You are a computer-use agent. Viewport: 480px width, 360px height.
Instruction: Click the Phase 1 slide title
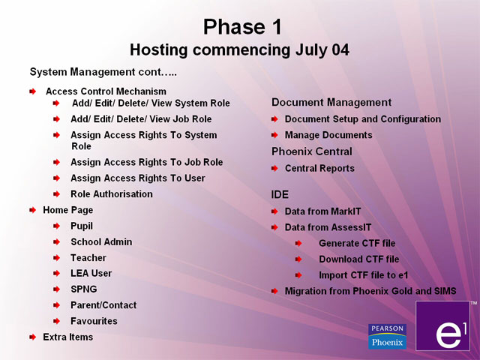(242, 27)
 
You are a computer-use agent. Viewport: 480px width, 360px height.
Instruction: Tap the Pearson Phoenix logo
(387, 337)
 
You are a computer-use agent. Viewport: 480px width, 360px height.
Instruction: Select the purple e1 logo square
(442, 325)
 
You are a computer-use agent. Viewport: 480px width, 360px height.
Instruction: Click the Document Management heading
(331, 102)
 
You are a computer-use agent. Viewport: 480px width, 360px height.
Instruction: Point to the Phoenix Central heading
(312, 151)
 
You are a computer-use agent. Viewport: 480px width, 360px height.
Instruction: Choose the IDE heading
(280, 195)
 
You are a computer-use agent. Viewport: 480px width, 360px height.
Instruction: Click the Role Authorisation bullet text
(112, 194)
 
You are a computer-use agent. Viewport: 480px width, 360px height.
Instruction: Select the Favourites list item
(94, 321)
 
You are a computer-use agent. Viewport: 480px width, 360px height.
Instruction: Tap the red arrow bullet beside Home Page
(33, 210)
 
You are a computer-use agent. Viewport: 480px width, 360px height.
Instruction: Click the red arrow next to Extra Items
(33, 337)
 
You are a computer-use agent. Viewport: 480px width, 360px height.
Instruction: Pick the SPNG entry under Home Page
(84, 289)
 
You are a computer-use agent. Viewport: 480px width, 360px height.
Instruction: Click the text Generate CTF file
(357, 243)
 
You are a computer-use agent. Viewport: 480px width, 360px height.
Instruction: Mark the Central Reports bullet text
(320, 168)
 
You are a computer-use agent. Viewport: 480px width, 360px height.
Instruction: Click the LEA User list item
(91, 273)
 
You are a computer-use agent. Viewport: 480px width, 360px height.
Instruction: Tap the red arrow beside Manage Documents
(274, 135)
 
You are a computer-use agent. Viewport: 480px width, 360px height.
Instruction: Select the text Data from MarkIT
(323, 211)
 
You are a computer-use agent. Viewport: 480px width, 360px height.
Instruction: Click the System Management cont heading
(103, 72)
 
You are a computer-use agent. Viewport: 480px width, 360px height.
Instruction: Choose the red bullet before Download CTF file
(298, 259)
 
